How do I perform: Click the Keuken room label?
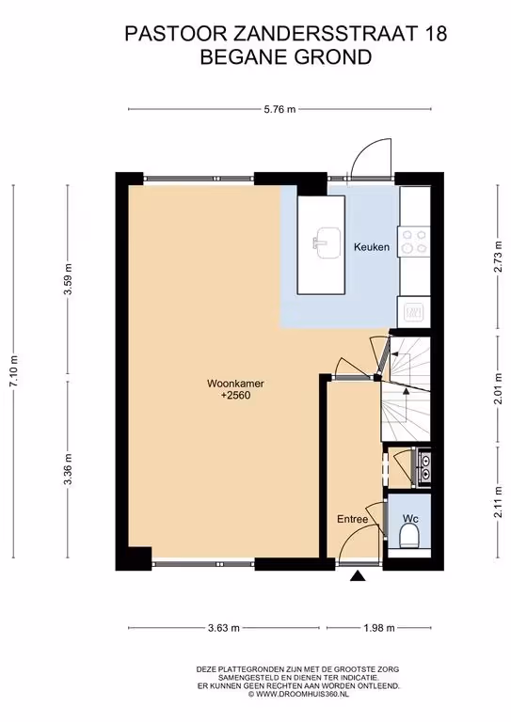(x=372, y=247)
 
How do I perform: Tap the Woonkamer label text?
(x=235, y=384)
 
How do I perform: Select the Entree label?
(x=353, y=519)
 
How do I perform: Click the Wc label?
(x=410, y=519)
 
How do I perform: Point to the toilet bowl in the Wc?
(x=408, y=538)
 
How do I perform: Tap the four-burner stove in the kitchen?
(x=414, y=242)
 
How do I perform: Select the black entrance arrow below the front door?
(x=358, y=575)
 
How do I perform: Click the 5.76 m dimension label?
(x=279, y=110)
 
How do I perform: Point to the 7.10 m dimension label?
(x=14, y=371)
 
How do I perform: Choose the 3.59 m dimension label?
(x=68, y=280)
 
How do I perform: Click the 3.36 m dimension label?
(x=68, y=469)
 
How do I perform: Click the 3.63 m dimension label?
(x=224, y=628)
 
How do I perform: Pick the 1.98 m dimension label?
(x=379, y=628)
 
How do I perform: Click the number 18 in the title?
(x=435, y=34)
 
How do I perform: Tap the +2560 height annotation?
(x=235, y=395)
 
